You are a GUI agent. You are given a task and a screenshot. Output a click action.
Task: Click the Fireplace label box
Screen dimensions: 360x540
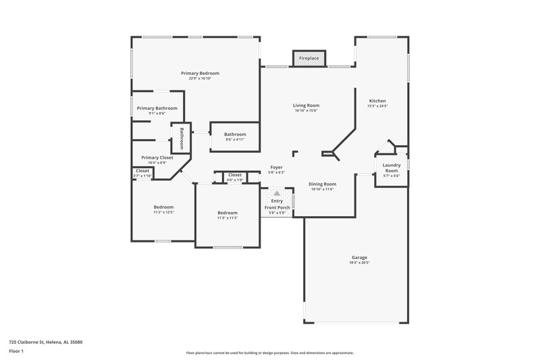click(309, 59)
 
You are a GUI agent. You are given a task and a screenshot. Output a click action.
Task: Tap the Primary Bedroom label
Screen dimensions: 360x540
click(200, 73)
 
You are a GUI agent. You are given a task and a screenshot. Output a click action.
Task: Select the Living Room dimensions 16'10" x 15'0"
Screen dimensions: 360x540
click(306, 111)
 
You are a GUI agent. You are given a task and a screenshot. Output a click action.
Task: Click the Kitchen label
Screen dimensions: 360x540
click(377, 101)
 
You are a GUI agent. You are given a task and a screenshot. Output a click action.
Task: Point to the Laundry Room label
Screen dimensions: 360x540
click(391, 168)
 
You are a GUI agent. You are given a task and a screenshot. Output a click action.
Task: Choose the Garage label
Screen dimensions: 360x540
click(359, 257)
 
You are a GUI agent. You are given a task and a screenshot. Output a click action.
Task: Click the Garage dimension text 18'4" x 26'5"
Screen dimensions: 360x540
click(359, 262)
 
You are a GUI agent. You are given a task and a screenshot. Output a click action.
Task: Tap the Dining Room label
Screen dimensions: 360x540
click(323, 184)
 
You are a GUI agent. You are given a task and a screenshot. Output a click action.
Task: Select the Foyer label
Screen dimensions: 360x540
click(277, 167)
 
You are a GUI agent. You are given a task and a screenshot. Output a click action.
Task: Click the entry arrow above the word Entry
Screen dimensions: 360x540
click(277, 193)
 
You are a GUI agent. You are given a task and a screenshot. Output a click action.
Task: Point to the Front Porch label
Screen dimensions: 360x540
click(277, 207)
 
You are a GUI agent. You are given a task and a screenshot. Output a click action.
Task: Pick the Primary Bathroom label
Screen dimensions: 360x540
click(157, 108)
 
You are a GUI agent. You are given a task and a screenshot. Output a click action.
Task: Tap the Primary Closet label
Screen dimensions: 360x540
click(157, 157)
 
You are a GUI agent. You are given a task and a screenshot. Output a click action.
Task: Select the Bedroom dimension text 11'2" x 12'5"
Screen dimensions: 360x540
click(163, 212)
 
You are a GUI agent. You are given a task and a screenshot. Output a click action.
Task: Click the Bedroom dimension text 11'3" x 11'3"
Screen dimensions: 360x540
click(227, 217)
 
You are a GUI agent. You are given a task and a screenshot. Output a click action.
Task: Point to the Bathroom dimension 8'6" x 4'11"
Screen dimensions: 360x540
click(235, 139)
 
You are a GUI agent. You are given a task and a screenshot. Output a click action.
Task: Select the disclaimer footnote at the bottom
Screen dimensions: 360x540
click(269, 353)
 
